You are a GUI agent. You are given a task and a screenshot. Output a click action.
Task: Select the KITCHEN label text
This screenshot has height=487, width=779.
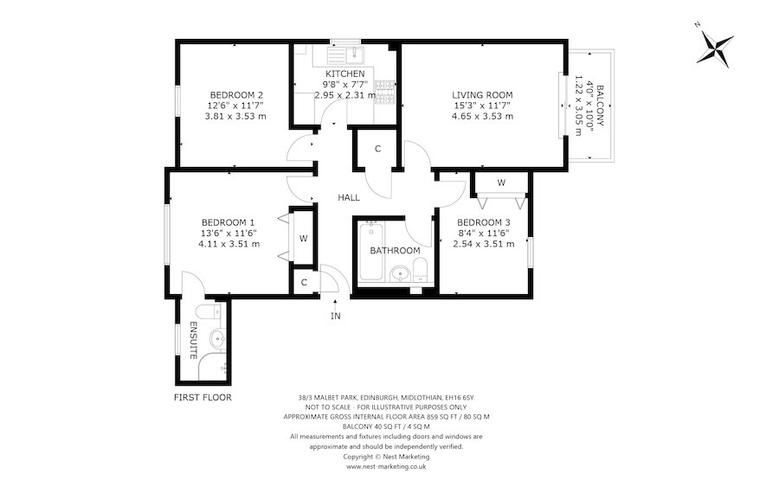coord(344,74)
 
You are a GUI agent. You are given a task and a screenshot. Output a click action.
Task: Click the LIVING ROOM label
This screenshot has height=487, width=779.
coord(482,95)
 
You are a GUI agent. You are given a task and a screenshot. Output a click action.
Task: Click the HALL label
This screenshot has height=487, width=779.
coord(349,198)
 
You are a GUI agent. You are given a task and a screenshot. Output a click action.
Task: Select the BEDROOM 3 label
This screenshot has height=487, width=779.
coord(484,221)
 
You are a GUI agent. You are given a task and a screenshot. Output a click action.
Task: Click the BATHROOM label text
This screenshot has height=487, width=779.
coord(395,251)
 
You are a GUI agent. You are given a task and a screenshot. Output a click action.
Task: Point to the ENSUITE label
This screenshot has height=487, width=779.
coord(194,340)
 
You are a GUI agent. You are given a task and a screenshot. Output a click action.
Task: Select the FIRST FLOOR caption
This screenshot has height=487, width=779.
coord(203,398)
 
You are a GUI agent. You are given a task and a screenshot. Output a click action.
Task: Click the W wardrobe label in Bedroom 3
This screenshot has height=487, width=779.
coord(500,183)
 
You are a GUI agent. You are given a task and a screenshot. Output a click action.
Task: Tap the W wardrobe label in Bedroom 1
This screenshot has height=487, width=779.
coord(303,239)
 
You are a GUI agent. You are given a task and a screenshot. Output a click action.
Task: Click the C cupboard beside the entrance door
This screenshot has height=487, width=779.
coord(304,282)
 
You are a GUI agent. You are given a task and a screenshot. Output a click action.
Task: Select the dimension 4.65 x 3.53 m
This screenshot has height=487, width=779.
coord(482,116)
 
